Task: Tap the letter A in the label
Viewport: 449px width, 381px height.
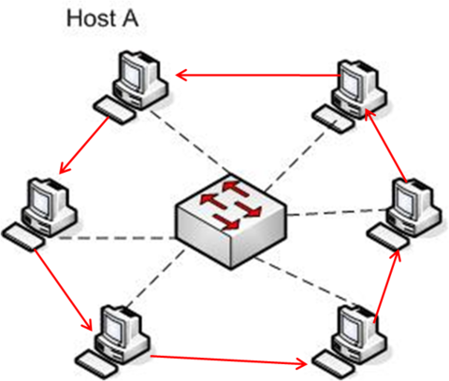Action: pos(130,19)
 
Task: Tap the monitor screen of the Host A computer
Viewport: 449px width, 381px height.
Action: pos(132,72)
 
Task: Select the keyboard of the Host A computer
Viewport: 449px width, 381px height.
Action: pos(114,110)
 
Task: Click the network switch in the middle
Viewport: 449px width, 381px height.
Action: pos(231,220)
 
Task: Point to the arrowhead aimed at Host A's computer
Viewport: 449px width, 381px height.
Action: pos(181,75)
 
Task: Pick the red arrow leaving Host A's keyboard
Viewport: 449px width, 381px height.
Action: pos(84,145)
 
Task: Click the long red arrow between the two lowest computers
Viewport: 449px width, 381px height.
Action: pos(228,360)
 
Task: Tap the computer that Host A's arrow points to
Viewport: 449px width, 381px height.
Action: pos(39,214)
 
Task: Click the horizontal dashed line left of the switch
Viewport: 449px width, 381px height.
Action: pos(117,238)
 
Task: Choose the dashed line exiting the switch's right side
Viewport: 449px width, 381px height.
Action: pos(338,213)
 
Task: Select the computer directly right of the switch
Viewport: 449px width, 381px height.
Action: pos(404,214)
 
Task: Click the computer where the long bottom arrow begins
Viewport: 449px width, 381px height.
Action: pos(112,339)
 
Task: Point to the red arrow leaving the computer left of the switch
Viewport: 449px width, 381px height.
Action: pos(63,289)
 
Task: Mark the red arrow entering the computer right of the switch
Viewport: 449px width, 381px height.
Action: pos(386,285)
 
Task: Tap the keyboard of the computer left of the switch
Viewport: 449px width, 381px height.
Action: pos(23,236)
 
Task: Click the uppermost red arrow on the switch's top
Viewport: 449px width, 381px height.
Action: pos(236,189)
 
